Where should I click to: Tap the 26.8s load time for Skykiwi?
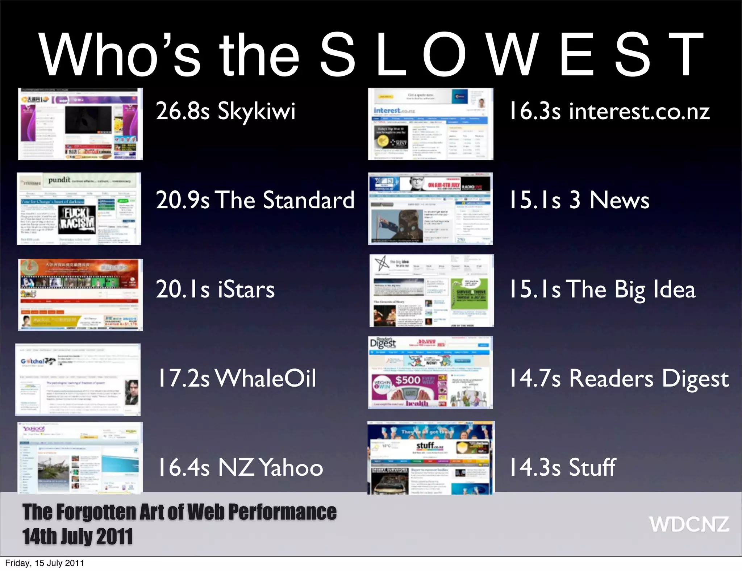[x=183, y=111]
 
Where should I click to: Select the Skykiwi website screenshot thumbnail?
[x=80, y=124]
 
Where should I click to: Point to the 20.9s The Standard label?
[x=255, y=200]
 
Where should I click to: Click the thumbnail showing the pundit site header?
[x=79, y=209]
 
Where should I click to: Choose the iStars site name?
[x=246, y=289]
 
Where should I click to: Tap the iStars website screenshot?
[x=80, y=295]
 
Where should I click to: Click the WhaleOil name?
[x=266, y=378]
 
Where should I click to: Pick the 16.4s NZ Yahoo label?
[x=240, y=467]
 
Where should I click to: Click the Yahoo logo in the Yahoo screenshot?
[x=34, y=429]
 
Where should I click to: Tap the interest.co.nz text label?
[x=639, y=111]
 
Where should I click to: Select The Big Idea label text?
[x=631, y=289]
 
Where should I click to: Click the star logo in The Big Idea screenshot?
[x=381, y=263]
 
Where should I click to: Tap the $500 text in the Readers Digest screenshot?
[x=408, y=380]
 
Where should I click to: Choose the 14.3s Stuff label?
[x=563, y=467]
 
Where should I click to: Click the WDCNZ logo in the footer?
[x=689, y=524]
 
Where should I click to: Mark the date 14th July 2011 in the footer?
[x=78, y=537]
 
